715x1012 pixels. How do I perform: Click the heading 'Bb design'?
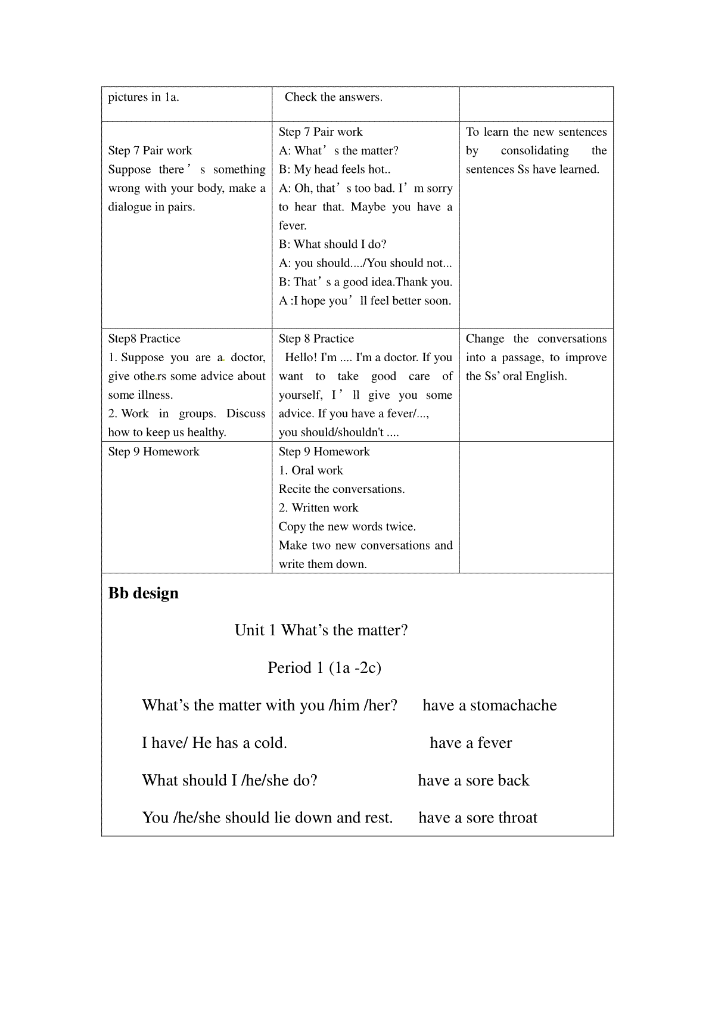tap(143, 594)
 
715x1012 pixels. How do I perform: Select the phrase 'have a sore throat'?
tap(477, 818)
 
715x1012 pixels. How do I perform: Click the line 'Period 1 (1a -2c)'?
tap(324, 668)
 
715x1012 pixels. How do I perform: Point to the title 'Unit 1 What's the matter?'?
tap(321, 631)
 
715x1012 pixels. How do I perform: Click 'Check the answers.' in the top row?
tap(333, 97)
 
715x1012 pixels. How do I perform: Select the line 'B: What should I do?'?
tap(332, 244)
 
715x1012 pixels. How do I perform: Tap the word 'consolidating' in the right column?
tap(534, 151)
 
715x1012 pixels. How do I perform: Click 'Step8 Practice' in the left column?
tap(144, 339)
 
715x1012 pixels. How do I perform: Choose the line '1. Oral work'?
tap(311, 470)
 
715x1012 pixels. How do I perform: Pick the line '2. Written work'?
tap(318, 508)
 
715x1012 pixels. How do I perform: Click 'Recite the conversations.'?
tap(341, 489)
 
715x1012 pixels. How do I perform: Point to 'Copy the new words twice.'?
tap(347, 527)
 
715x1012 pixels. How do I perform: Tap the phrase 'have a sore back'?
tap(473, 781)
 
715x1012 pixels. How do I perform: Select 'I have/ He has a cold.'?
tap(214, 743)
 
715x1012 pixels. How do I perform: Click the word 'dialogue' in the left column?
tap(130, 207)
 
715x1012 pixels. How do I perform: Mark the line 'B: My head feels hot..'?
tap(334, 170)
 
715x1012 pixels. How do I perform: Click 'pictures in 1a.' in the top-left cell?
tap(144, 97)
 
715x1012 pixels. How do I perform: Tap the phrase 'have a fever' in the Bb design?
tap(471, 743)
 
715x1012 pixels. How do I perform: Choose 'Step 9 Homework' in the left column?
tap(154, 452)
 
